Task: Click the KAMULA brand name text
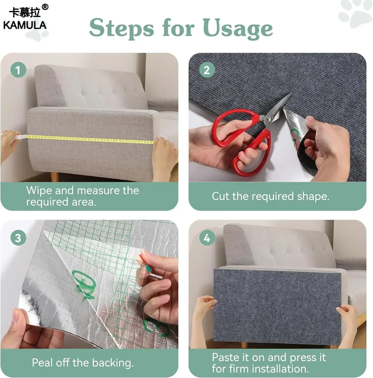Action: tap(25, 25)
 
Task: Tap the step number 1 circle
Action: tap(18, 70)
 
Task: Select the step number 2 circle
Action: tap(207, 70)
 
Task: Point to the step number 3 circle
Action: tap(18, 238)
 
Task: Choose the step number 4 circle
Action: tap(207, 238)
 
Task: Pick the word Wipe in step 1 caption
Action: tap(39, 190)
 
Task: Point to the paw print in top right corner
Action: tap(356, 13)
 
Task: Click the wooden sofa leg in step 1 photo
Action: tap(55, 176)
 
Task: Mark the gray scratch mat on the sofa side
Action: tap(277, 307)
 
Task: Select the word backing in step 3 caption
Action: tap(112, 363)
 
